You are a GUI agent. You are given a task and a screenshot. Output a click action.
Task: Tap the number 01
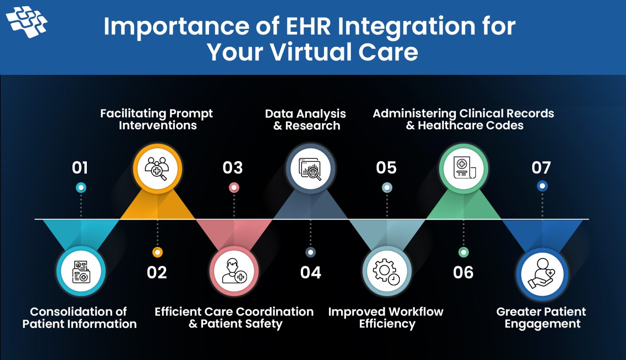click(80, 168)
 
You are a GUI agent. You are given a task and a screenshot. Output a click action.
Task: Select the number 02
click(157, 272)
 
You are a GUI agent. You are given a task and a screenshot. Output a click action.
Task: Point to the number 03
click(233, 168)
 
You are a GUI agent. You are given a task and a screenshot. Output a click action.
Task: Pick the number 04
click(311, 272)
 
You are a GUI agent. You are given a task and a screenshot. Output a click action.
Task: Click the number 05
click(386, 168)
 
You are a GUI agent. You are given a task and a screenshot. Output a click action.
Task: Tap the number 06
click(463, 272)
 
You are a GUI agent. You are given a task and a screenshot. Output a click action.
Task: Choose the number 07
click(541, 168)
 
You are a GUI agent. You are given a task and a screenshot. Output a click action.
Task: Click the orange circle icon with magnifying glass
click(157, 169)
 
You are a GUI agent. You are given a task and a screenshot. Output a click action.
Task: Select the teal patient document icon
click(81, 271)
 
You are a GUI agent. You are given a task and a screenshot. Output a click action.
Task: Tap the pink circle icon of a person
click(234, 271)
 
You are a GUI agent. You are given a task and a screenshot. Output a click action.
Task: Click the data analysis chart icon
click(311, 169)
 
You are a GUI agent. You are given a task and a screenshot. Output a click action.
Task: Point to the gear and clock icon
click(387, 271)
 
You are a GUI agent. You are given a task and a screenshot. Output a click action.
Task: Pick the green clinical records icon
click(463, 169)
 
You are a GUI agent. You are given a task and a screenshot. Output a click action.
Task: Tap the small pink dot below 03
click(234, 188)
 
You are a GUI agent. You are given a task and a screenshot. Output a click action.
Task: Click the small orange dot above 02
click(157, 252)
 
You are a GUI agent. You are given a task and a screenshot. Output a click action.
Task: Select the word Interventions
click(158, 125)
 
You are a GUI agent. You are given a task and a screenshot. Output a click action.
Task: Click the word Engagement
click(542, 324)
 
